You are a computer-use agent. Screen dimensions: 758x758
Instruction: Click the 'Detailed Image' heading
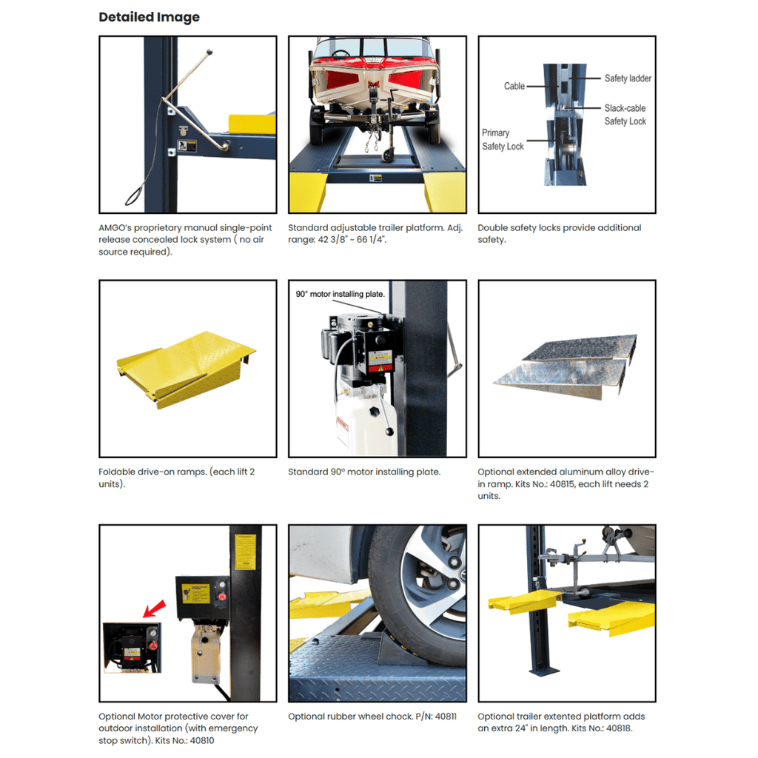(149, 18)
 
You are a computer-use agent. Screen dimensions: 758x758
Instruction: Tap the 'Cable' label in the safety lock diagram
(514, 86)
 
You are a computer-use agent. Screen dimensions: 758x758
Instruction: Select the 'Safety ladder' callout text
(628, 78)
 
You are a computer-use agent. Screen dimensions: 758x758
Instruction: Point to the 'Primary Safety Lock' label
(503, 140)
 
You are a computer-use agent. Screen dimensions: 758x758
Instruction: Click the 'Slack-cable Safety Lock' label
(625, 115)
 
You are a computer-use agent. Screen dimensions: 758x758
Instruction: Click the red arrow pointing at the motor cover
(154, 608)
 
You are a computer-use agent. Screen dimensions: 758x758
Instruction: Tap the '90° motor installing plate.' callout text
(340, 294)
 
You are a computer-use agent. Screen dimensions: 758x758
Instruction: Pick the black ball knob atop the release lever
(209, 51)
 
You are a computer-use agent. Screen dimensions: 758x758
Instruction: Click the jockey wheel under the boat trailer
(388, 155)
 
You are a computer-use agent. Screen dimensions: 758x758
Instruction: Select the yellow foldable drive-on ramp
(186, 369)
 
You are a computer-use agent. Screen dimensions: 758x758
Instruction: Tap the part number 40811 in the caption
(445, 717)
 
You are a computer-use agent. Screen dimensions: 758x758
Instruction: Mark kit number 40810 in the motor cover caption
(201, 740)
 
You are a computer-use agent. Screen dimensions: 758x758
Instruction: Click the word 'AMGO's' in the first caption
(115, 228)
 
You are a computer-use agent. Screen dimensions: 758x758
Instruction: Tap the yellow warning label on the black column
(245, 552)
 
